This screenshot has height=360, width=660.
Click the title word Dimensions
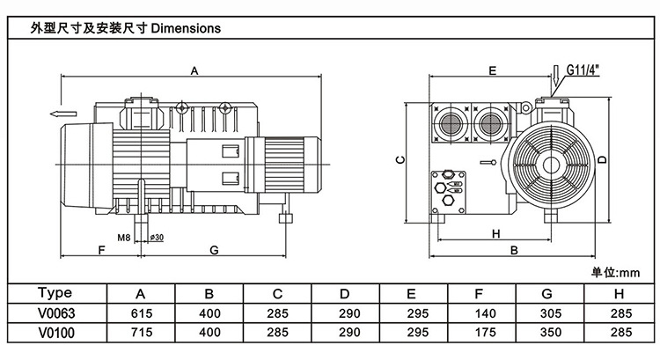pos(186,27)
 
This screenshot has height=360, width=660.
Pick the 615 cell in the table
pos(141,312)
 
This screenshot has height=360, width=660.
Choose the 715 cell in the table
pos(141,332)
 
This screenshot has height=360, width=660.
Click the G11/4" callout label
pos(583,67)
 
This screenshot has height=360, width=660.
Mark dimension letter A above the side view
pos(195,70)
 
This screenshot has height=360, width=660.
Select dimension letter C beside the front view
pos(399,160)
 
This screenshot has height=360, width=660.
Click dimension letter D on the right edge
pos(602,160)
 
